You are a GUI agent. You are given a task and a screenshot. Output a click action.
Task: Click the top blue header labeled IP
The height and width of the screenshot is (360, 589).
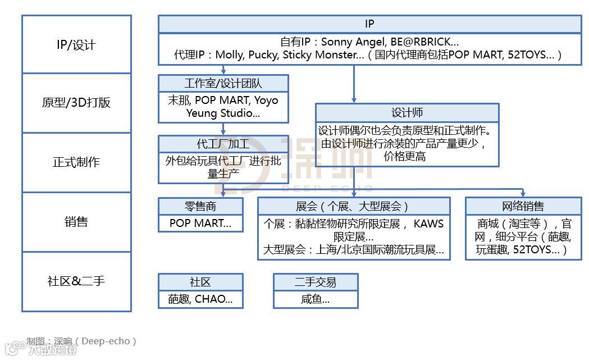[369, 24]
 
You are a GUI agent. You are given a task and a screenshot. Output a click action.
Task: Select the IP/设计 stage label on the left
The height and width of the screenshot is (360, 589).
[76, 45]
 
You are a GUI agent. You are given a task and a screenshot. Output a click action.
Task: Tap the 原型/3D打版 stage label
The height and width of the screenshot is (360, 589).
[76, 103]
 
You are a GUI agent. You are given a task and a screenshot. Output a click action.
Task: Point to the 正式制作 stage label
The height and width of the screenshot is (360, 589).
[76, 162]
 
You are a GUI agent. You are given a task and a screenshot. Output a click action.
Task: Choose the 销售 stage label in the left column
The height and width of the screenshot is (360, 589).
[76, 221]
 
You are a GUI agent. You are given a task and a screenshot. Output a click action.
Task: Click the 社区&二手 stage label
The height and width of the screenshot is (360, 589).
[76, 281]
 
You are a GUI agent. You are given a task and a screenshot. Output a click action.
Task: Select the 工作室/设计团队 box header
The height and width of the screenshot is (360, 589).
[223, 84]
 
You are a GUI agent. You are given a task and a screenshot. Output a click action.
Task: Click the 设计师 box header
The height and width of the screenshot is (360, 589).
[407, 112]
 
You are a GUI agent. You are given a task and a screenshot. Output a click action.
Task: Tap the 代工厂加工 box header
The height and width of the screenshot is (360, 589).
[223, 144]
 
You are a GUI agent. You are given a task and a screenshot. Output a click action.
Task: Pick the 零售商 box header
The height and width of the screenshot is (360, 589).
[200, 206]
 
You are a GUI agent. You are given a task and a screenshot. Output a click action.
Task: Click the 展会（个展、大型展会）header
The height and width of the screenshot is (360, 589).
[353, 206]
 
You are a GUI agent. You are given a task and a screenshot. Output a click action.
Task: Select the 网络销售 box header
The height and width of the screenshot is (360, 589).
[523, 206]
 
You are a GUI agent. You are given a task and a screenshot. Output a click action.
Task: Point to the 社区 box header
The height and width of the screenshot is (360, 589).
[200, 282]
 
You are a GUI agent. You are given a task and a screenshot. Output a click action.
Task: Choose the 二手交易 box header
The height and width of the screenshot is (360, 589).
[315, 282]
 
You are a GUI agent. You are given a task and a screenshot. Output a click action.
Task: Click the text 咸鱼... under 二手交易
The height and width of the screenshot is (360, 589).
[315, 299]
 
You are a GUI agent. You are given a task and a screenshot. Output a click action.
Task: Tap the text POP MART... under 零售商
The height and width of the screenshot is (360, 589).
[200, 224]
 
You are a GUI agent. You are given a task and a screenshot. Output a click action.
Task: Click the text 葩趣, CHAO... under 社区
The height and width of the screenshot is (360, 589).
[200, 299]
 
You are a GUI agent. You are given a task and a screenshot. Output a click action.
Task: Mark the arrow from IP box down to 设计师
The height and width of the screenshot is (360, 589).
[354, 84]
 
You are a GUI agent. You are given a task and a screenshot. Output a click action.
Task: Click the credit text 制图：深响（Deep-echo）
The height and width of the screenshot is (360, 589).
[81, 341]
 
